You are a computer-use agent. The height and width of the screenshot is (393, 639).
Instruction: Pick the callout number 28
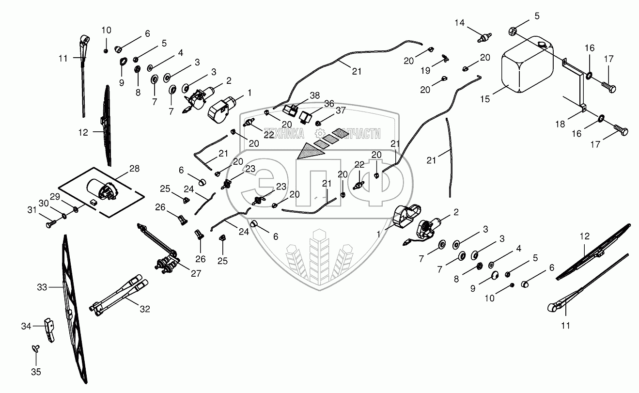pyautogui.click(x=134, y=168)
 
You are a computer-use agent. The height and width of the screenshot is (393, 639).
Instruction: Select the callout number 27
pyautogui.click(x=195, y=273)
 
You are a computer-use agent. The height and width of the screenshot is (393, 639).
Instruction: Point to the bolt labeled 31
pyautogui.click(x=50, y=225)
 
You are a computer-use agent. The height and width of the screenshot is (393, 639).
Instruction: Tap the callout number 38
pyautogui.click(x=314, y=96)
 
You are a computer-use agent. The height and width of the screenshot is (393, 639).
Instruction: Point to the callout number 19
pyautogui.click(x=425, y=71)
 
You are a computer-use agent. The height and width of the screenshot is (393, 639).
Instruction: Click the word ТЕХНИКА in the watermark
pyautogui.click(x=283, y=134)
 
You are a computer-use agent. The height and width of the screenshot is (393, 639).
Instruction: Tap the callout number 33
pyautogui.click(x=42, y=287)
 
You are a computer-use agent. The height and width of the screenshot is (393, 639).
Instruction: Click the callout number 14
pyautogui.click(x=459, y=23)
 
